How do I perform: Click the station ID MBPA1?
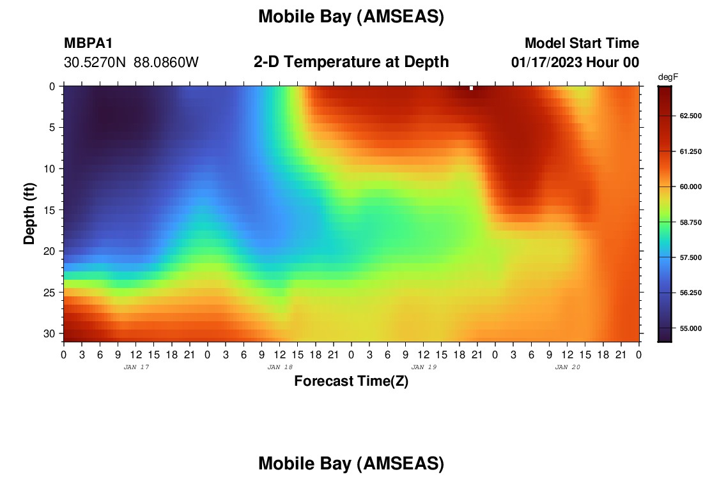pos(88,43)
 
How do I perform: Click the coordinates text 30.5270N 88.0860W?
pos(131,63)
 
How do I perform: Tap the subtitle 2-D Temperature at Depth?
pos(351,62)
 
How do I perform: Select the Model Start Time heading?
pos(582,43)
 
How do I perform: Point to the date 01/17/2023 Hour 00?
pos(575,63)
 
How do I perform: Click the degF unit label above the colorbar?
pos(668,77)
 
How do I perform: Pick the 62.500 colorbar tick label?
pos(690,116)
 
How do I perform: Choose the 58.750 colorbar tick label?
pos(690,222)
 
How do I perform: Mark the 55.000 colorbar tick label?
pos(690,328)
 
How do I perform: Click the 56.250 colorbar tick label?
pos(690,293)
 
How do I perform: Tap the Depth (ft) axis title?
pos(29,214)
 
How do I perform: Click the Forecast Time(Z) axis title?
pos(351,381)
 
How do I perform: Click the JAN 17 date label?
pos(136,367)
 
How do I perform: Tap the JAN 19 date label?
pos(424,367)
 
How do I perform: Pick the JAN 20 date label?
pos(568,367)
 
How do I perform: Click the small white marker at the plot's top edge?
pos(471,88)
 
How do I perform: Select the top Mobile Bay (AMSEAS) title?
pos(351,17)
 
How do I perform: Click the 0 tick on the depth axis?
pos(52,86)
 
